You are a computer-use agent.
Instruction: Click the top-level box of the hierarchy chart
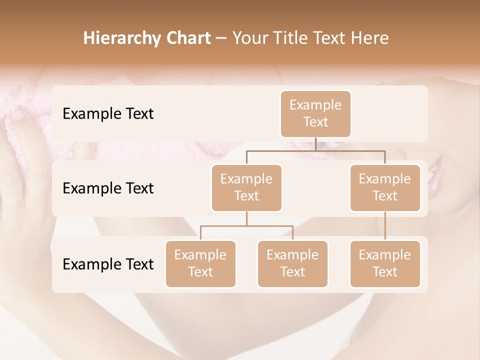(315, 114)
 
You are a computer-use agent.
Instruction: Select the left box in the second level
(246, 188)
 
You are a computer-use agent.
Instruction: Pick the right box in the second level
(384, 188)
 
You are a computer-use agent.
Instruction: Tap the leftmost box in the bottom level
(200, 264)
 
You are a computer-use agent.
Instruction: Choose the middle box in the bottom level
(292, 264)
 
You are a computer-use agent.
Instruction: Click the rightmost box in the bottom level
(384, 264)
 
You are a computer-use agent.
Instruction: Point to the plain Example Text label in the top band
(108, 114)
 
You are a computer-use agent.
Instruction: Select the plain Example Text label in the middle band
(108, 188)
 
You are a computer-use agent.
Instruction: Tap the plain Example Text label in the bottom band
(108, 264)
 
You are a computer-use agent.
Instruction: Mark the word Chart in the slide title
(186, 38)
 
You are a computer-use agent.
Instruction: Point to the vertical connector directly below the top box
(315, 144)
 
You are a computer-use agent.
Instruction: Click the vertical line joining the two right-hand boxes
(384, 226)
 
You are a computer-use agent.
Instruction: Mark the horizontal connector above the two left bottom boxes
(246, 226)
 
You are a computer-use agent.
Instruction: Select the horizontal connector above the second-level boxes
(315, 150)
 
